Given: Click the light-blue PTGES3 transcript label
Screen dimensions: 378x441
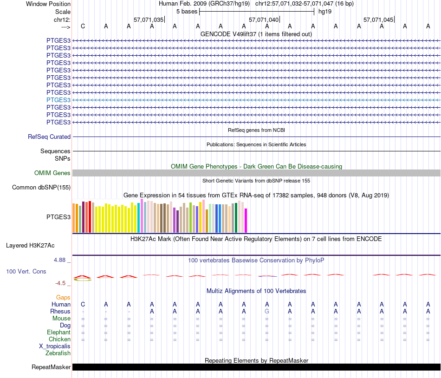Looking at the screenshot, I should click(x=58, y=100).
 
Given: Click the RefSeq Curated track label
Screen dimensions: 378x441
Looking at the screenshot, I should click(x=49, y=137).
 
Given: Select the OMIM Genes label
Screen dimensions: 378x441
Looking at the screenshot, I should click(x=52, y=173).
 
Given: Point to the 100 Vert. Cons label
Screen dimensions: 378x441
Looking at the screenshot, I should click(x=26, y=271).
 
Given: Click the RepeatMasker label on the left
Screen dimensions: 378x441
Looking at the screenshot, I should click(x=51, y=367).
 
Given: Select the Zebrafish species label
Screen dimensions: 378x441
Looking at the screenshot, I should click(x=58, y=353).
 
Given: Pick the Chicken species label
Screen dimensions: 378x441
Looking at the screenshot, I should click(x=59, y=339).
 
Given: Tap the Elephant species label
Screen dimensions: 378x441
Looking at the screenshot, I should click(x=58, y=332).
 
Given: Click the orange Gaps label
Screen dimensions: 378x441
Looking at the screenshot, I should click(x=63, y=297).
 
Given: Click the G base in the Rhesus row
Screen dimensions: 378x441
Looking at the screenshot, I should click(x=267, y=312).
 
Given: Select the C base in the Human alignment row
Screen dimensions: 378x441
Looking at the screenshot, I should click(x=83, y=305).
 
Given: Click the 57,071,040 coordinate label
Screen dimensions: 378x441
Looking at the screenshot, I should click(x=264, y=20).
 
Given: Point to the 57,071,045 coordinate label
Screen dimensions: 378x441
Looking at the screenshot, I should click(x=378, y=20).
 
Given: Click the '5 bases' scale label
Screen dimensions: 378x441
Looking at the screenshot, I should click(x=187, y=11).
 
